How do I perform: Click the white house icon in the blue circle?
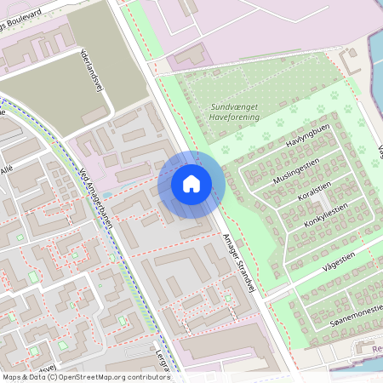pyautogui.click(x=191, y=183)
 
